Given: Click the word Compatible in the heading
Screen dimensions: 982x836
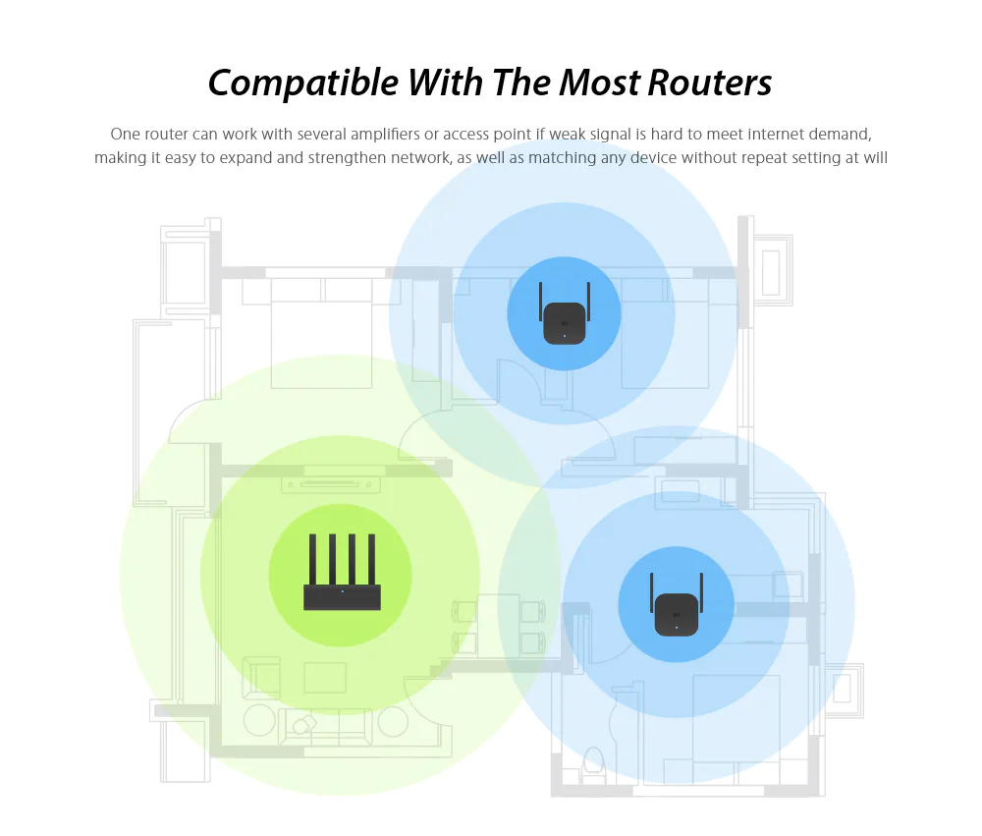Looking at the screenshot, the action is [303, 84].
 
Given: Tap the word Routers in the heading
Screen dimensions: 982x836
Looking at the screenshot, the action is [709, 83].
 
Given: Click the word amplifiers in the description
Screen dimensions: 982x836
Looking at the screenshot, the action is [385, 135].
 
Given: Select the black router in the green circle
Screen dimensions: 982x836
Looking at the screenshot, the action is [342, 572].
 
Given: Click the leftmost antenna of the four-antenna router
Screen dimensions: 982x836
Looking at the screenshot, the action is [312, 560].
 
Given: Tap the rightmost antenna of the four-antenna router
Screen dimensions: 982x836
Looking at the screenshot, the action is [371, 560].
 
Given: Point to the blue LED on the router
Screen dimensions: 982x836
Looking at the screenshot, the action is [342, 591].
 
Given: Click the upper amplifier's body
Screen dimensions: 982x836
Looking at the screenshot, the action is [565, 323].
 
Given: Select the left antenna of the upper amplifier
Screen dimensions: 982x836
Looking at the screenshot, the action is [540, 302].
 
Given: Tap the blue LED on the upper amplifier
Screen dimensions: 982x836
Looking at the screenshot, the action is [565, 336].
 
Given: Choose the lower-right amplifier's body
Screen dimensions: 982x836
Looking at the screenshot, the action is [677, 615].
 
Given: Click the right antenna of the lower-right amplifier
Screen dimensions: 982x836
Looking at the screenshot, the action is [701, 592].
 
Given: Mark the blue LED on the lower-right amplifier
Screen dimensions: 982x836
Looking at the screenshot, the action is [677, 628].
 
